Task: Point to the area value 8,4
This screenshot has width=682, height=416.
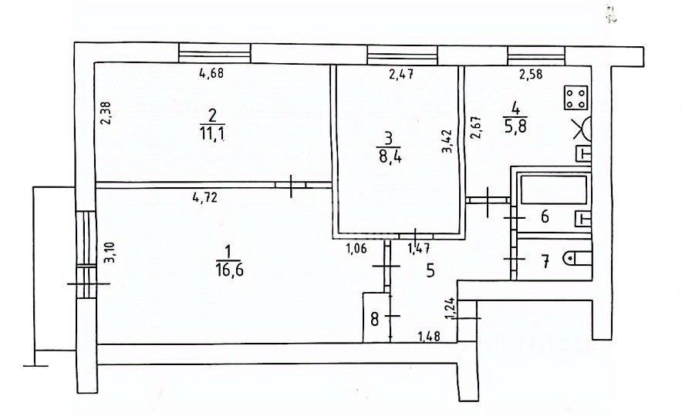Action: click(389, 160)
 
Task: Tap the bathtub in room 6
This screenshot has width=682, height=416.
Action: click(552, 191)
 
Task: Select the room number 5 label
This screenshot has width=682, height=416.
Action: click(430, 270)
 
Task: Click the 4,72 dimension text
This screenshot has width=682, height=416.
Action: click(204, 197)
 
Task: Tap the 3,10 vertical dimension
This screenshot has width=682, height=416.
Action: click(107, 253)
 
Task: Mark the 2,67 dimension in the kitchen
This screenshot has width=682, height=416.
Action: click(476, 127)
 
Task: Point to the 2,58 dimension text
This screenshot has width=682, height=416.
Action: click(530, 75)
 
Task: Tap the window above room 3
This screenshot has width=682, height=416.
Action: click(402, 55)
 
